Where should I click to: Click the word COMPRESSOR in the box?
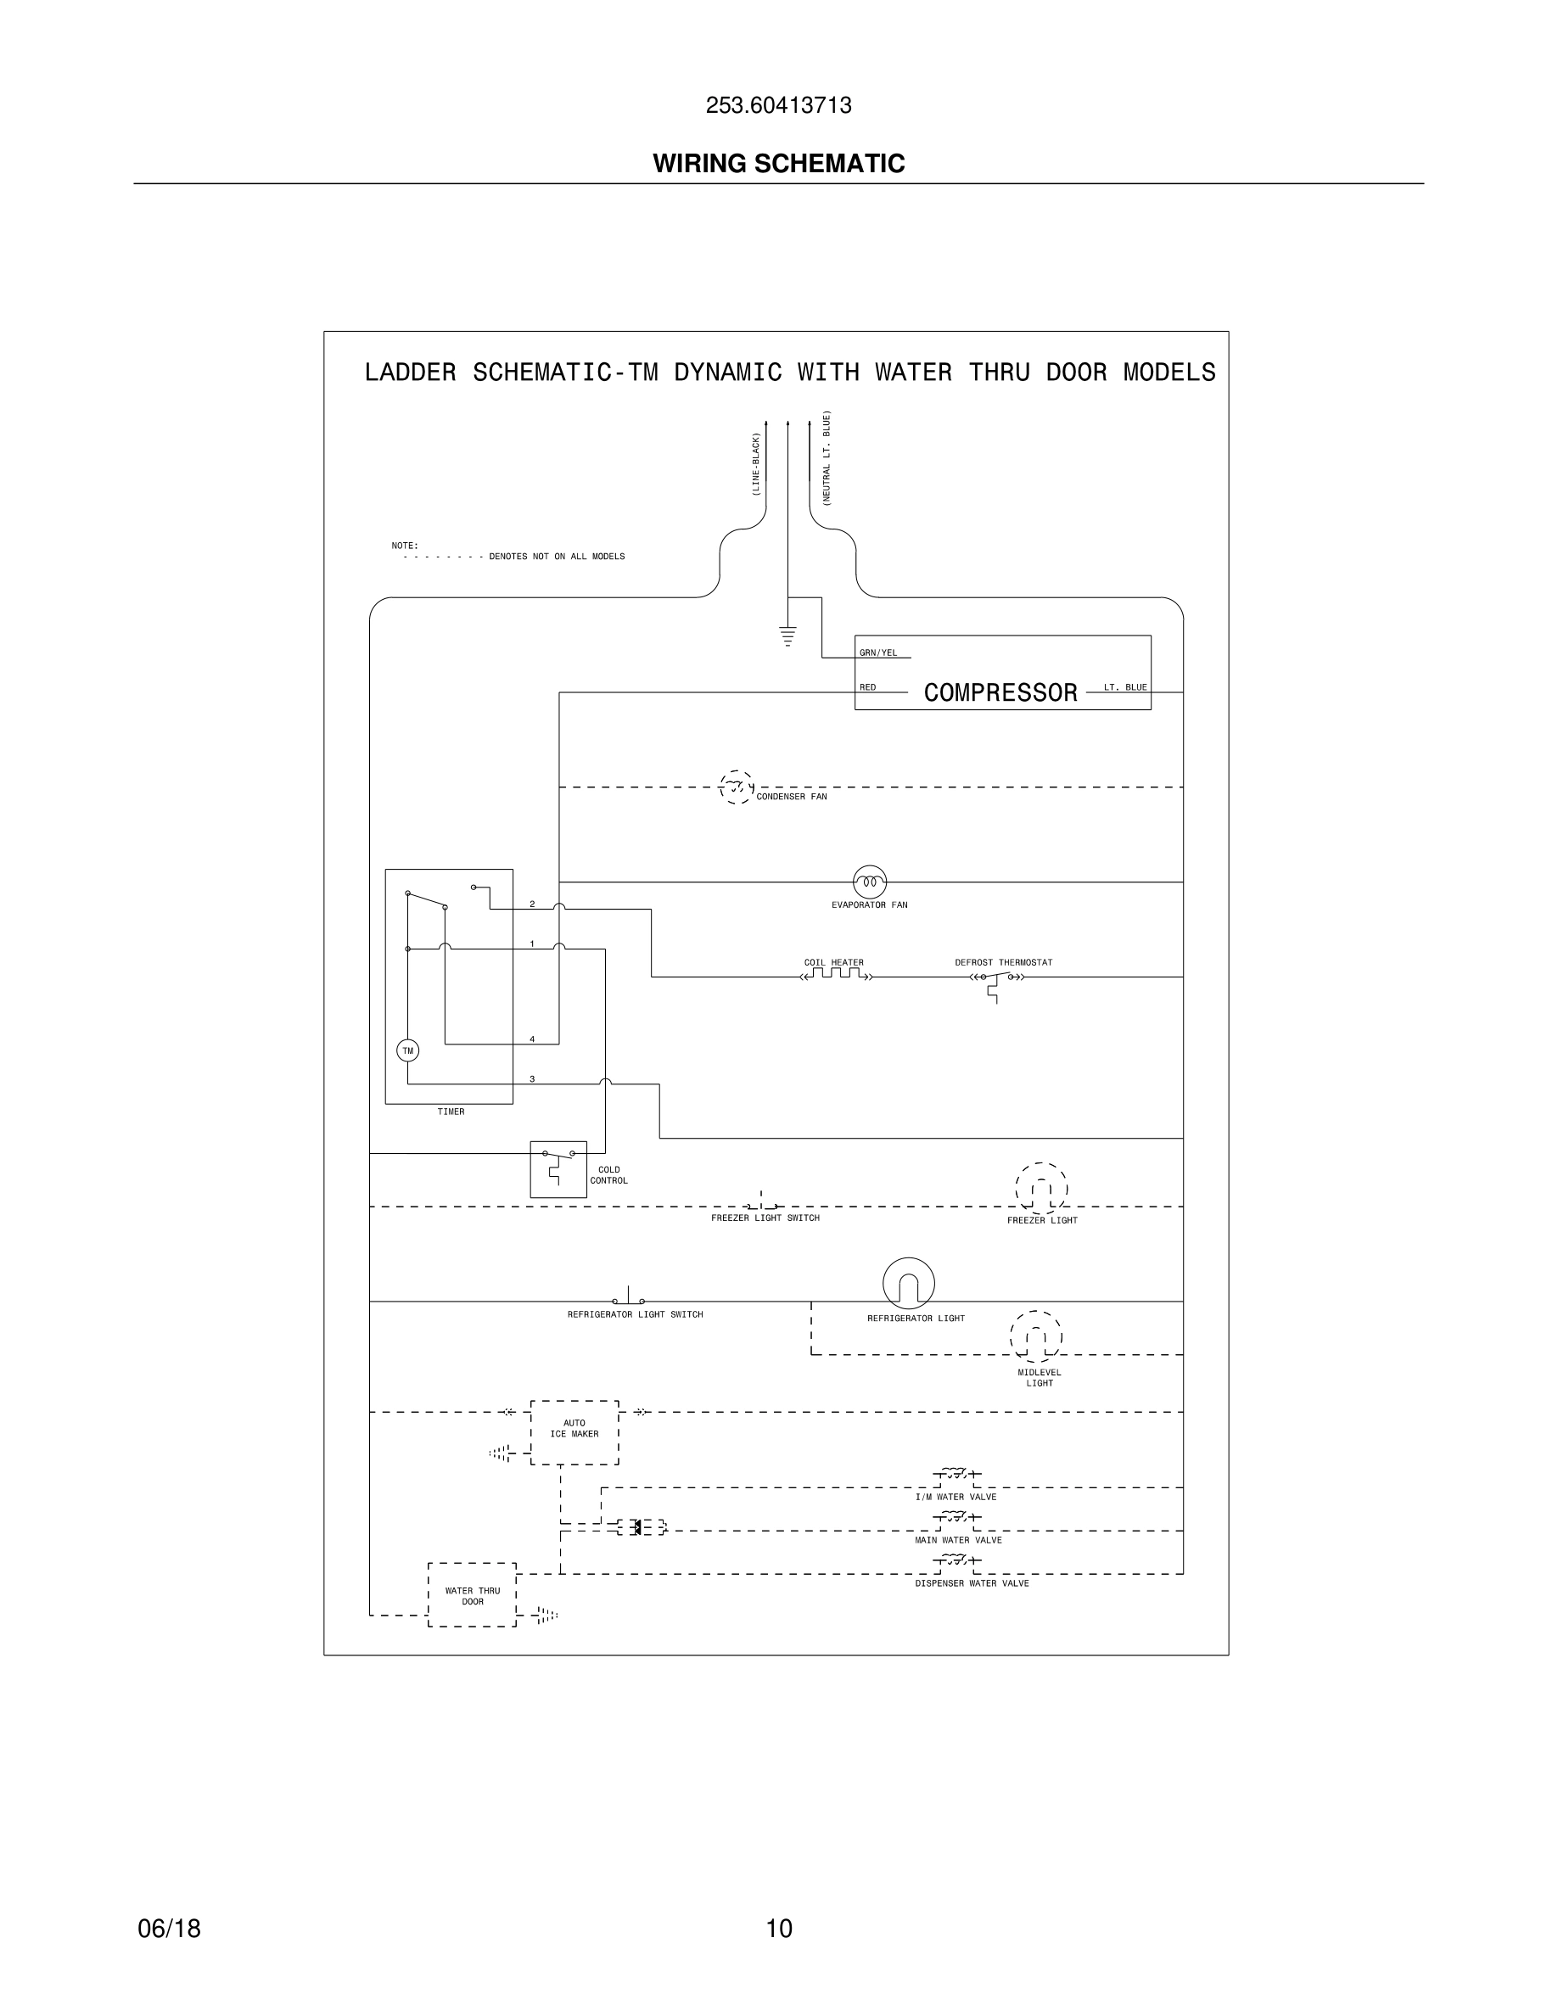(1000, 693)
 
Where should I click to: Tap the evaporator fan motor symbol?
(870, 882)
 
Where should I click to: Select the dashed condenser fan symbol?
(736, 787)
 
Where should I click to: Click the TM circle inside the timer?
(407, 1050)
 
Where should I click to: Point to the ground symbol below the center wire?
(787, 636)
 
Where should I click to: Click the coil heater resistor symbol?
(835, 974)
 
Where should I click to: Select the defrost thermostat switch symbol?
(996, 979)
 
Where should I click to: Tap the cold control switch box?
(558, 1169)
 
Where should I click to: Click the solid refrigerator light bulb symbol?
(908, 1283)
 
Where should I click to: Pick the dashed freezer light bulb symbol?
(1041, 1189)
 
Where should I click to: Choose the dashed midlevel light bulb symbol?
(1035, 1336)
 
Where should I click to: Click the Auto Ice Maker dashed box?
(574, 1432)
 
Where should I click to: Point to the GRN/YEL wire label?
(877, 653)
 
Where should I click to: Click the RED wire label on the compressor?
(867, 687)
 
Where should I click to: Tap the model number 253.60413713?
(778, 106)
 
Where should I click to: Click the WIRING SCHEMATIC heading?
(778, 164)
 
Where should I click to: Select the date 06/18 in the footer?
(169, 1929)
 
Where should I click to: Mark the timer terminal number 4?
(532, 1039)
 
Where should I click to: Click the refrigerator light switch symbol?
(629, 1298)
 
